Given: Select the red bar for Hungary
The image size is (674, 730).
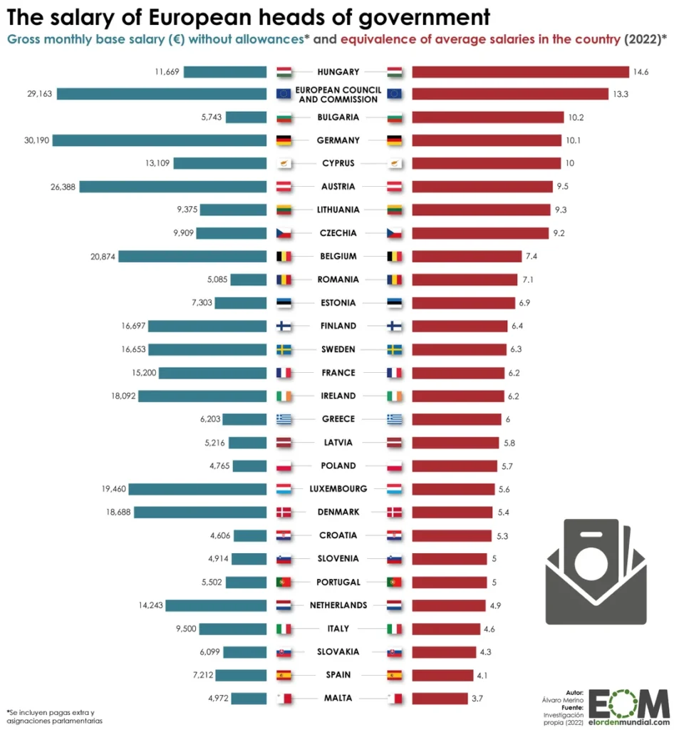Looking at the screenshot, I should click(520, 71).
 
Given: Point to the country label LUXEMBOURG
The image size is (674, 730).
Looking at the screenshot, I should click(338, 489).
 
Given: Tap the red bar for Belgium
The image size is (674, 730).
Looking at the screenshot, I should click(467, 257).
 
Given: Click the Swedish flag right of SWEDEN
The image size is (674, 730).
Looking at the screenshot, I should click(395, 350).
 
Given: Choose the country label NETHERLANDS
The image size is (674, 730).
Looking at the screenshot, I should click(338, 605).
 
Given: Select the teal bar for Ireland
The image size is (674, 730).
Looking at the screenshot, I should click(202, 396).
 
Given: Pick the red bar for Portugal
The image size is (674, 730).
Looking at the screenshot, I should click(450, 582).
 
